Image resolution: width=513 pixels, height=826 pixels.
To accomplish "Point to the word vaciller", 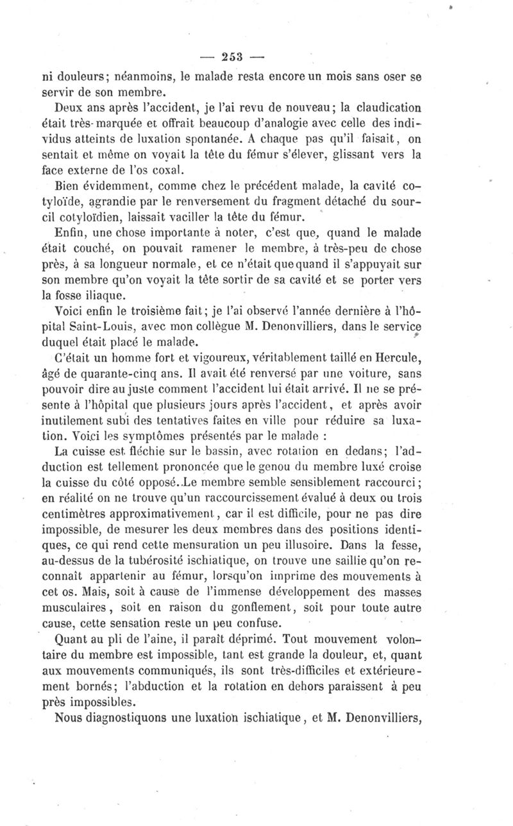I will coord(184,216).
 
